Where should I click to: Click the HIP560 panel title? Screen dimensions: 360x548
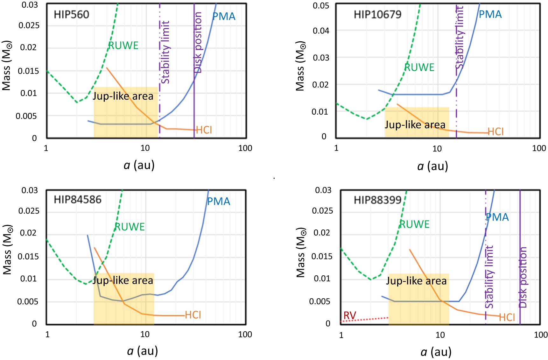[71, 15]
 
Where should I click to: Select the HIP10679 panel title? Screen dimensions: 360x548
[377, 15]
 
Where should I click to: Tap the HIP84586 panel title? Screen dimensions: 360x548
[77, 200]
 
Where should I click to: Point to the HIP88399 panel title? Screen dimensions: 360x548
[377, 200]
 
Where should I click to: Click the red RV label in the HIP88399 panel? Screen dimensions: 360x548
[350, 315]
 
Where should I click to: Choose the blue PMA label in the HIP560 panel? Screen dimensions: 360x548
[224, 17]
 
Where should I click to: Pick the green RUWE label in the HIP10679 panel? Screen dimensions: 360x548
[419, 67]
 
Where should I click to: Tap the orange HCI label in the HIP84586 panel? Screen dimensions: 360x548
[193, 315]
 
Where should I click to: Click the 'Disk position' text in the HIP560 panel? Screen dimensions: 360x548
[198, 43]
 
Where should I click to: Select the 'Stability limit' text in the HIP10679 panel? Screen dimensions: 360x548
[460, 38]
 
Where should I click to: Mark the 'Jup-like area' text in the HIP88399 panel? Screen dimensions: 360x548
[416, 281]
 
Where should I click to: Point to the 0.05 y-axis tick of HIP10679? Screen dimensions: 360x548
[321, 6]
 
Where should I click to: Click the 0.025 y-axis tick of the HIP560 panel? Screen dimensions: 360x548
[29, 25]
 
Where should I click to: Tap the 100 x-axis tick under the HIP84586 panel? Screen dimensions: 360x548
[245, 335]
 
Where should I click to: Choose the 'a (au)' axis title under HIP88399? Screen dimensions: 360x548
[436, 352]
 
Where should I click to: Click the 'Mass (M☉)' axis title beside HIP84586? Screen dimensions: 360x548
[8, 250]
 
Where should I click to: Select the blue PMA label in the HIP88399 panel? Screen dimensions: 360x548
[497, 217]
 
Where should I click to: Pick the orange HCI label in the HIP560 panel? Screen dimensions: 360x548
[204, 130]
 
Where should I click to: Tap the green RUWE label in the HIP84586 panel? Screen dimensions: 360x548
[130, 227]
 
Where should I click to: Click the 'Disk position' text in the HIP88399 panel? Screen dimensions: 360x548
[523, 277]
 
